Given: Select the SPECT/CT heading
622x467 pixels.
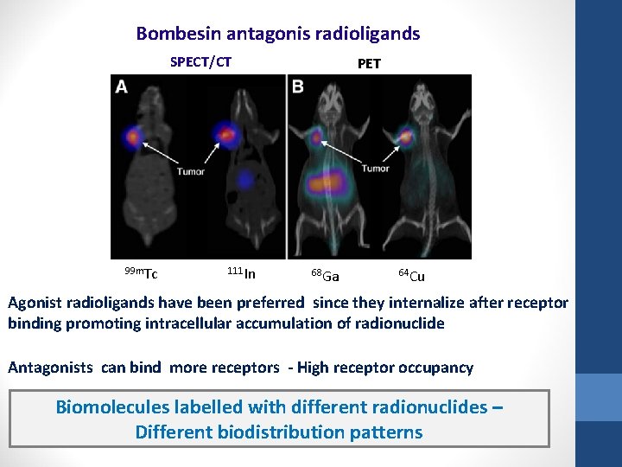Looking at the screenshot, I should (x=200, y=62).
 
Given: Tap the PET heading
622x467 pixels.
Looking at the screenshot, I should (x=368, y=63).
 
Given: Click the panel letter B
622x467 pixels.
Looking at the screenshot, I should (x=298, y=86).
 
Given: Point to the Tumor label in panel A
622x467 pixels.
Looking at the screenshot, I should (x=190, y=171).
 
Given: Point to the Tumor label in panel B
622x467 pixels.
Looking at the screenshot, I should (x=375, y=169).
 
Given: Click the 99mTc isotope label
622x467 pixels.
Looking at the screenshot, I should (x=140, y=274).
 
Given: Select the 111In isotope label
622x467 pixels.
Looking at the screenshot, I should (x=241, y=274).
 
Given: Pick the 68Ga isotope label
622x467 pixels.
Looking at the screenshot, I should (x=325, y=276).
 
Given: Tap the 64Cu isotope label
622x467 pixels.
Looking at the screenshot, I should (x=411, y=276).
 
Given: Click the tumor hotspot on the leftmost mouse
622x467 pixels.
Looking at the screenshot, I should (x=133, y=136).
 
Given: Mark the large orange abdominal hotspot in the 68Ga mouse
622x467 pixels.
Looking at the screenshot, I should (x=326, y=182).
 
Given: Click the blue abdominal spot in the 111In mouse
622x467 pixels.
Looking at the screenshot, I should (x=246, y=178).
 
